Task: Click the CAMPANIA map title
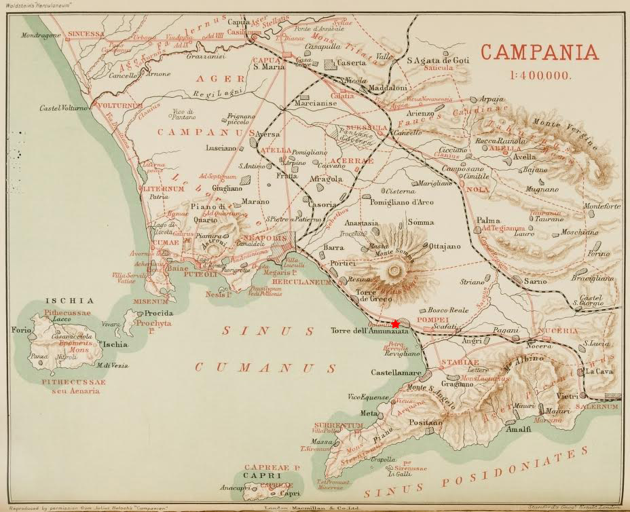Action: click(540, 52)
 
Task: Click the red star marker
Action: click(396, 324)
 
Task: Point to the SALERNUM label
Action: click(598, 406)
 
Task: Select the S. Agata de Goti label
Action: click(438, 60)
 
